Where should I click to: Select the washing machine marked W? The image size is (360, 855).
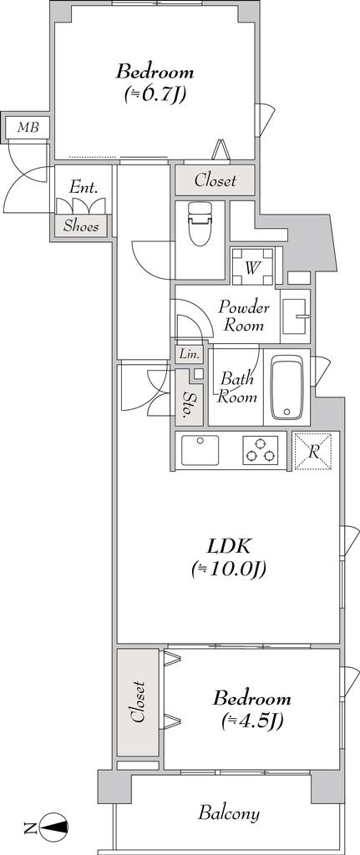coord(252,266)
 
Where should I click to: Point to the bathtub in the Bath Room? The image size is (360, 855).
coord(286,387)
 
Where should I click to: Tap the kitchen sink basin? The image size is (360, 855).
coord(200,450)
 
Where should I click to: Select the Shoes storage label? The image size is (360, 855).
coord(81,226)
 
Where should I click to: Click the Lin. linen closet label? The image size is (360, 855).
coord(188,354)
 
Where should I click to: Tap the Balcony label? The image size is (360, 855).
coord(229,814)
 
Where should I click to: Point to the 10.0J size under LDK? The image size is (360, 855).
coord(229,569)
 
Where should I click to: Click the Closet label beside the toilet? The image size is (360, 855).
coord(215,180)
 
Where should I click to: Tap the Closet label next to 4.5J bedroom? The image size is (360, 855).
coord(138,701)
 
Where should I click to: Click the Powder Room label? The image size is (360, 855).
coord(245,316)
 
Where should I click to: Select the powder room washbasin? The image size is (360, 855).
coord(295,316)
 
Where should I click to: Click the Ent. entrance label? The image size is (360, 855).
coord(84,189)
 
